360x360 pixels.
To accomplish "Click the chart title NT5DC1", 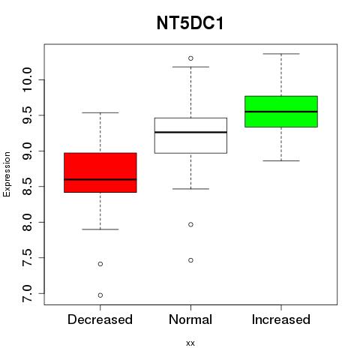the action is pyautogui.click(x=190, y=23).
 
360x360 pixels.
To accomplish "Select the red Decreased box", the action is pyautogui.click(x=100, y=172).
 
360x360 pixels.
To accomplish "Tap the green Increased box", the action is pyautogui.click(x=281, y=112).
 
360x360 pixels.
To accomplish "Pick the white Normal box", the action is pyautogui.click(x=190, y=136).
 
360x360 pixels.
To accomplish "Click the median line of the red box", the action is pyautogui.click(x=100, y=179).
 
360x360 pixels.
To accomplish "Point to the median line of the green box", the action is pyautogui.click(x=281, y=112).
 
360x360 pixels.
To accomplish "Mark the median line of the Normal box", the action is pyautogui.click(x=190, y=132).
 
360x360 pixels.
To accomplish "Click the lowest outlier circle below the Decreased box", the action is pyautogui.click(x=100, y=295).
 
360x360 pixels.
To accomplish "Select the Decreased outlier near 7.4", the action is pyautogui.click(x=100, y=264).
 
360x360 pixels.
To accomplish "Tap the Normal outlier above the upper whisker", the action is pyautogui.click(x=190, y=58).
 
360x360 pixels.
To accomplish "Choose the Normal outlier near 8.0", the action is pyautogui.click(x=190, y=224).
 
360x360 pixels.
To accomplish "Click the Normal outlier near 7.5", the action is pyautogui.click(x=190, y=260).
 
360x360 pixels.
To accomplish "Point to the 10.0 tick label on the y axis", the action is pyautogui.click(x=27, y=79).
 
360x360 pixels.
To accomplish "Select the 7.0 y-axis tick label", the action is pyautogui.click(x=27, y=293).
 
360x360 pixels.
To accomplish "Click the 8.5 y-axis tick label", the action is pyautogui.click(x=27, y=187).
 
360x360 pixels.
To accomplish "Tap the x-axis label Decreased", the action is pyautogui.click(x=100, y=319).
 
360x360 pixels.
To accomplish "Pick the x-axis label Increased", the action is pyautogui.click(x=281, y=319).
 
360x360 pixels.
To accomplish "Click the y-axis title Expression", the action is pyautogui.click(x=7, y=174).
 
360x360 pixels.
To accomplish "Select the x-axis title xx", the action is pyautogui.click(x=190, y=343).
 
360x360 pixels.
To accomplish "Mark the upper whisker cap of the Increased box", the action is pyautogui.click(x=281, y=54).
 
